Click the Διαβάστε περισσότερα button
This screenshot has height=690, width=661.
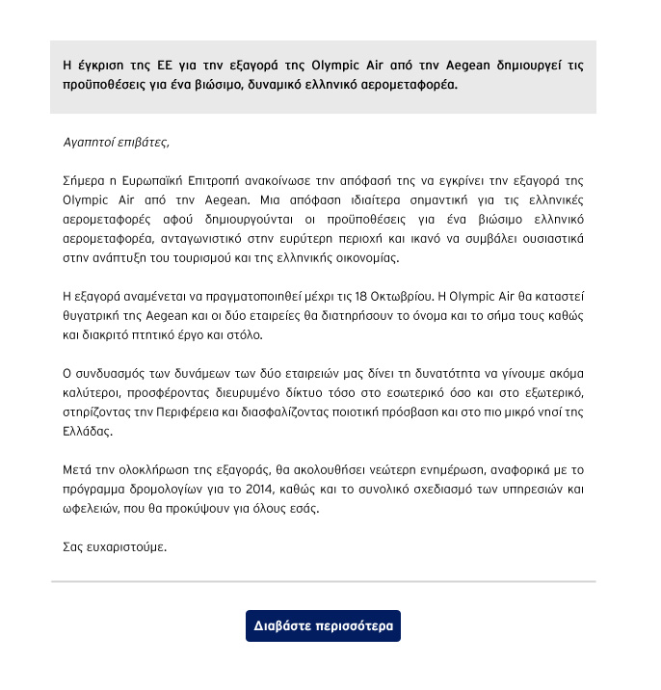[323, 625]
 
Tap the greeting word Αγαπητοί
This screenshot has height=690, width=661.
[87, 142]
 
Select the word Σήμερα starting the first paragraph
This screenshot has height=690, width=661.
[84, 180]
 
